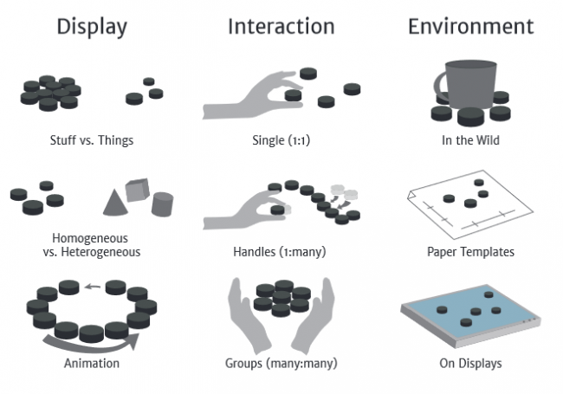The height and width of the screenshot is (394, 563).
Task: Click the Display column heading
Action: coord(91,27)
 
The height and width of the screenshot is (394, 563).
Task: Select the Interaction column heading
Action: coord(281,27)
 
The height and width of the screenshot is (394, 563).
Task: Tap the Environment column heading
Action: coord(470,27)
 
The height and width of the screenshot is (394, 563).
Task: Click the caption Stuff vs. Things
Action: coord(92,138)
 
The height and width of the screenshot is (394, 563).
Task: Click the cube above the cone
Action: coord(137,190)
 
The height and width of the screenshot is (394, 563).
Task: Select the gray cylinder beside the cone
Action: coord(162,203)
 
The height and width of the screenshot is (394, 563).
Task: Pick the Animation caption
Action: coord(91,363)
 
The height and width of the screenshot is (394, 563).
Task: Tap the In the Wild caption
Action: coord(470,138)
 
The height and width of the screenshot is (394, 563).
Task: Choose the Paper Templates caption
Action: coord(470,252)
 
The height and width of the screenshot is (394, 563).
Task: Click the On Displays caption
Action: coord(470,363)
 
